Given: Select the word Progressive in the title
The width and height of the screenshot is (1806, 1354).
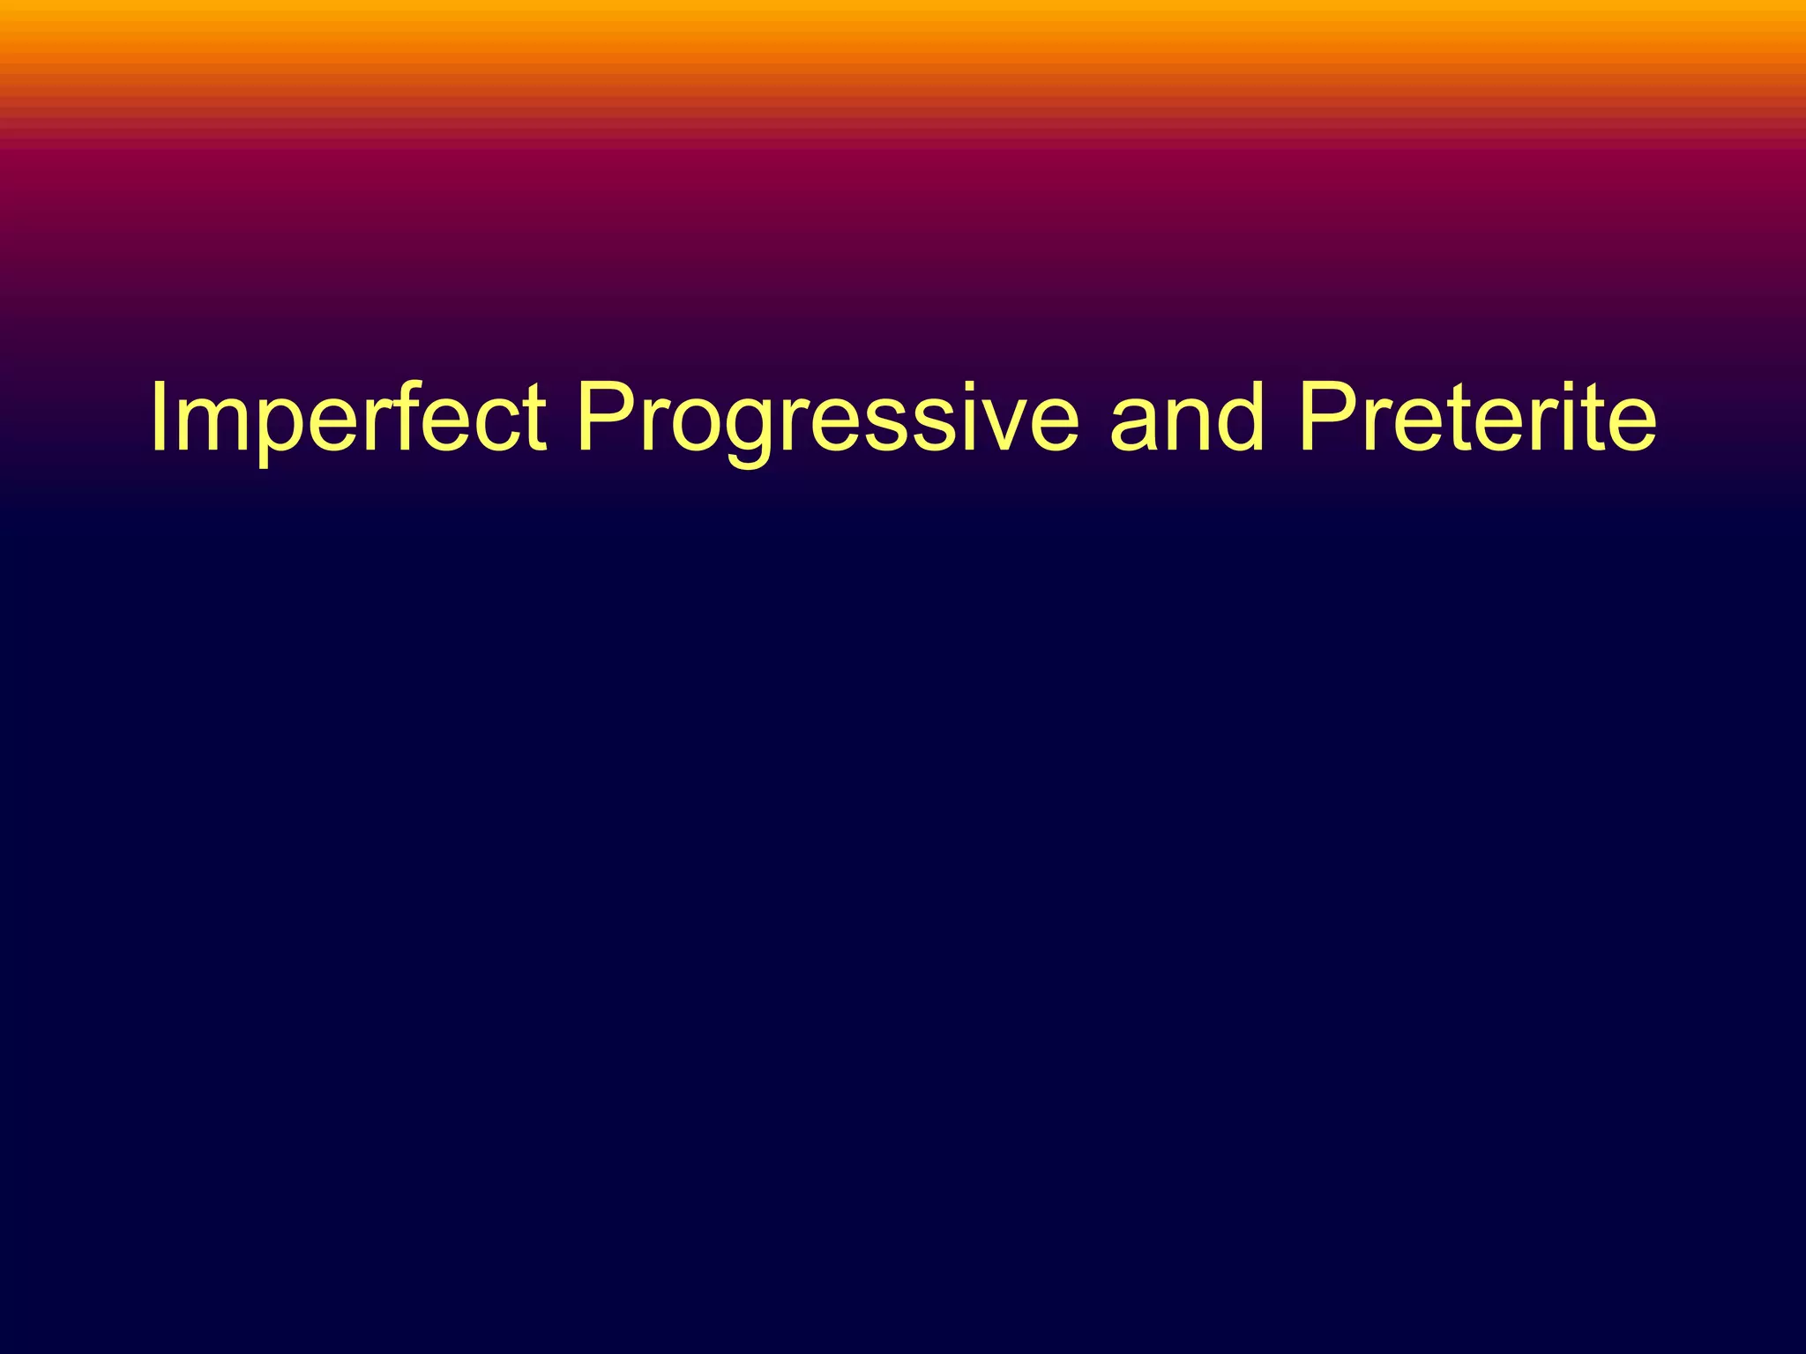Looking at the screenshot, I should coord(827,418).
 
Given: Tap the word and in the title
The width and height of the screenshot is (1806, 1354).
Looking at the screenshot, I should coord(1187,418).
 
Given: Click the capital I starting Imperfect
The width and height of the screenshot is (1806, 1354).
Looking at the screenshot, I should coord(159,418).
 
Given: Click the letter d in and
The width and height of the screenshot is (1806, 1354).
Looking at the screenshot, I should coord(1241,418).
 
